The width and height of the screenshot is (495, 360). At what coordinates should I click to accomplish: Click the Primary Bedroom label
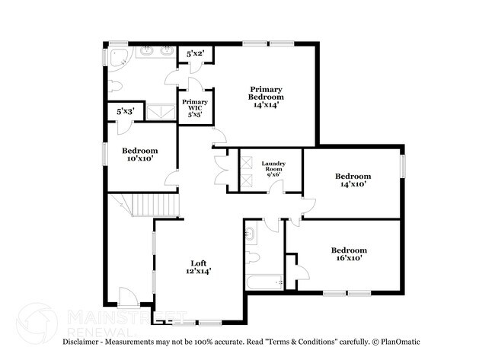[267, 97]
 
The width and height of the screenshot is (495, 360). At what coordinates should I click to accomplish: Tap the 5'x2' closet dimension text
[195, 54]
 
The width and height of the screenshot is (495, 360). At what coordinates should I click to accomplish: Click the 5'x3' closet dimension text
[125, 111]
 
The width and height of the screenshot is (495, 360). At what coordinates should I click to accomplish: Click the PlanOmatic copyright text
[392, 342]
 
